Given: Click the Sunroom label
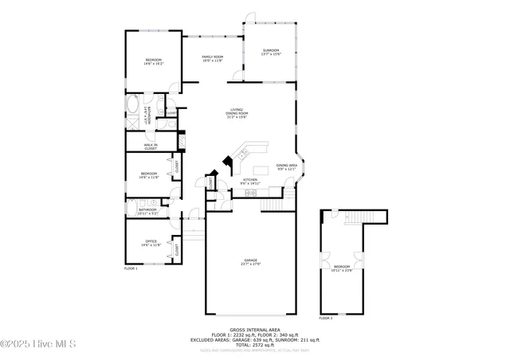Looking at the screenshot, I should click(x=272, y=52).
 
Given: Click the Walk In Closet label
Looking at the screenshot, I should click(x=150, y=147).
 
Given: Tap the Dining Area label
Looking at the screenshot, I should click(x=287, y=166).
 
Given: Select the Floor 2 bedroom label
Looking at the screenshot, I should click(x=341, y=268).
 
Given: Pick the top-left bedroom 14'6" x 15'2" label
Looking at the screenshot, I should click(x=153, y=61).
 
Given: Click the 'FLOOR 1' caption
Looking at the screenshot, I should click(x=131, y=269).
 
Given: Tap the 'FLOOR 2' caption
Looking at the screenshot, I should click(x=326, y=318).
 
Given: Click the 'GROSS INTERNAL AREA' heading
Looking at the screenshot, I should click(x=254, y=329).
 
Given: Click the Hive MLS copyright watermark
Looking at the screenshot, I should click(x=38, y=343).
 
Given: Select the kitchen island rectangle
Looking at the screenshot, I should click(x=261, y=170).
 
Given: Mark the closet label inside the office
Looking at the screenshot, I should click(x=176, y=249).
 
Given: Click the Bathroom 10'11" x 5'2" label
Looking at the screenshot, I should click(x=147, y=212).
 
